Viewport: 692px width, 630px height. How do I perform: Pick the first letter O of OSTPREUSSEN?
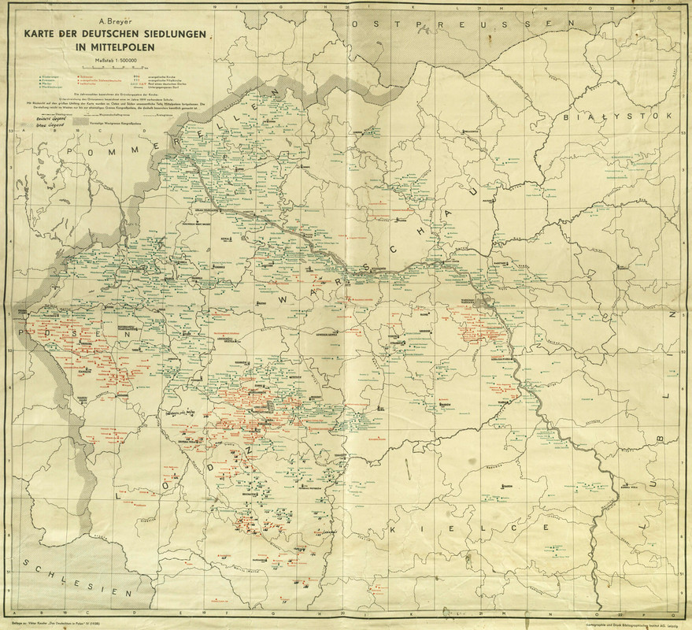tap(356, 25)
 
